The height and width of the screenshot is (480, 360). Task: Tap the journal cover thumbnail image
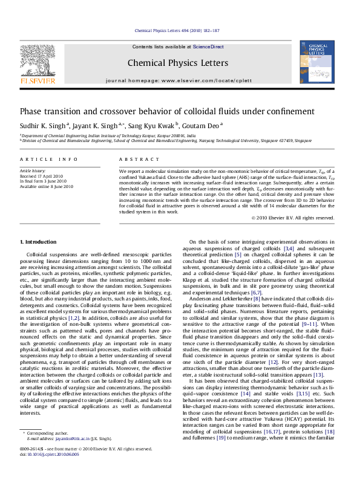[317, 63]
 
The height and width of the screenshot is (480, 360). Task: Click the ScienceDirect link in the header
[209, 47]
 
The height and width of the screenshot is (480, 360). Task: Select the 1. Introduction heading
[38, 242]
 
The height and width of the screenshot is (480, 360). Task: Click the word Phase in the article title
[32, 111]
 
